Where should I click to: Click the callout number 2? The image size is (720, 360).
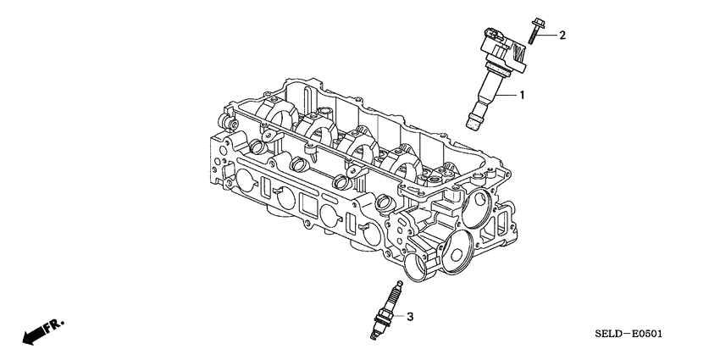click(x=562, y=35)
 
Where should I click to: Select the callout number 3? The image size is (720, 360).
click(x=410, y=317)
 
